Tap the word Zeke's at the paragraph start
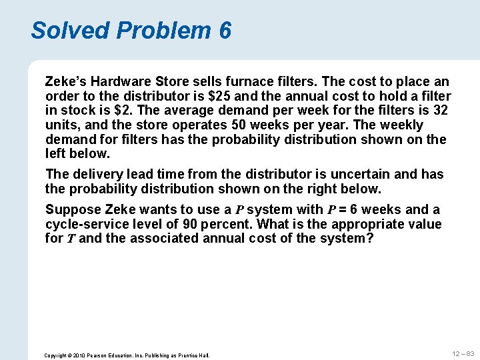[x=66, y=81]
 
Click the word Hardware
[x=120, y=81]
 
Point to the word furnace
[x=251, y=81]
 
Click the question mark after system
[x=370, y=238]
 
